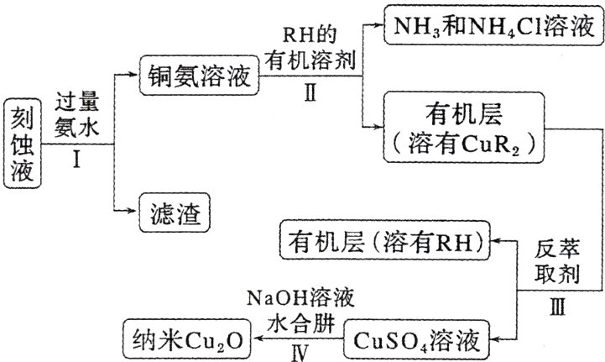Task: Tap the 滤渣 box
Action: pyautogui.click(x=174, y=213)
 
